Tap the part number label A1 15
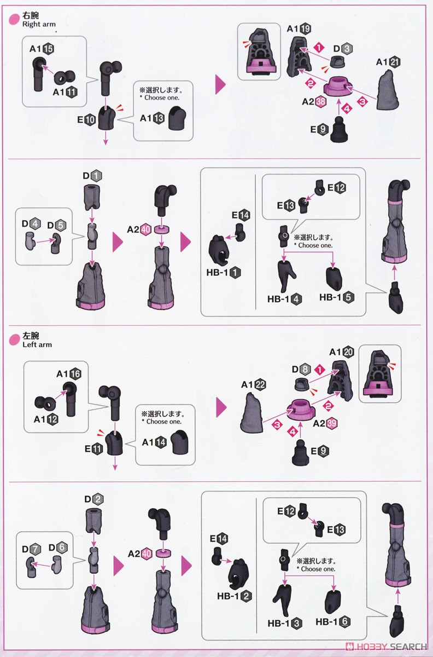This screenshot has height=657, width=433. click(42, 49)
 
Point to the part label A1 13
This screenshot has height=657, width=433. click(153, 118)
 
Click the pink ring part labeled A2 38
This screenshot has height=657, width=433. click(342, 88)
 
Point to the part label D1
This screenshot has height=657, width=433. click(92, 176)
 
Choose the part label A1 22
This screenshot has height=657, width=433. click(254, 385)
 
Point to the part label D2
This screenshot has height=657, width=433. click(92, 499)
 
